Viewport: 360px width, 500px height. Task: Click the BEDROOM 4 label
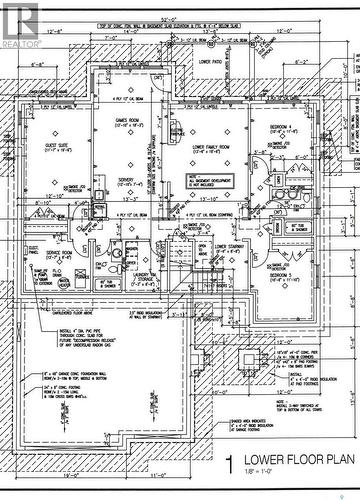tap(282, 128)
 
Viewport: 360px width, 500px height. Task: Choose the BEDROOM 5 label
tap(283, 273)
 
